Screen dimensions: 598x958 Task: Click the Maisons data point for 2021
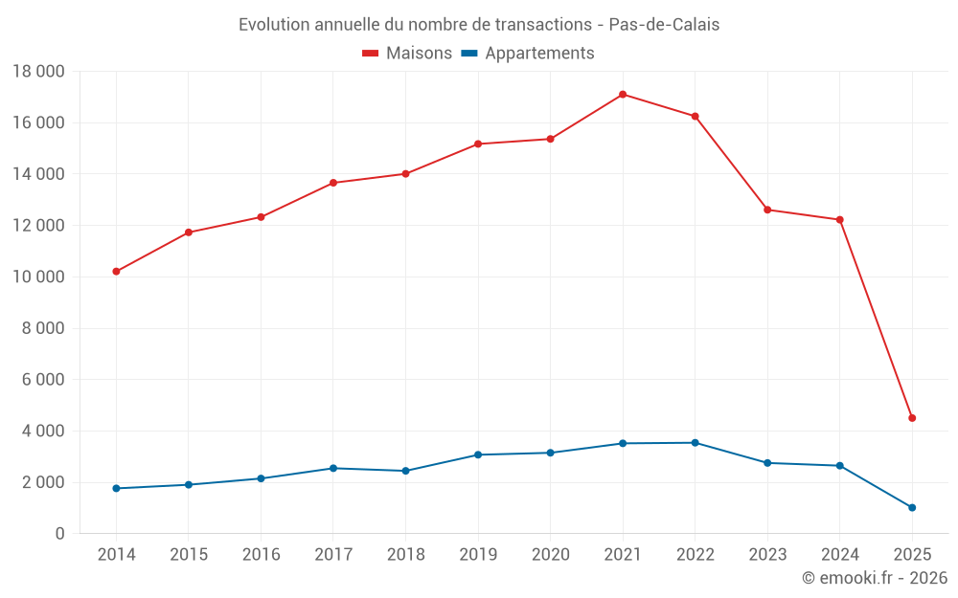click(623, 95)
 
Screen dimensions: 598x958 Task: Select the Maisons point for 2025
click(912, 418)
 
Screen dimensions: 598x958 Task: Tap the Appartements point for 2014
click(116, 488)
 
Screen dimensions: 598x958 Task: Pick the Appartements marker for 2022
click(695, 443)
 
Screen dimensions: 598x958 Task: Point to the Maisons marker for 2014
click(116, 272)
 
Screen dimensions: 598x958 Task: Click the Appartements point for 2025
click(912, 508)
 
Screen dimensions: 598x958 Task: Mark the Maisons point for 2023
click(767, 210)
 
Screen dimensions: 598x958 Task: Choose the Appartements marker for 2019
click(478, 454)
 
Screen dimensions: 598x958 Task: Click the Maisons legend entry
click(407, 54)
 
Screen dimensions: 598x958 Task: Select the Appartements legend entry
click(528, 54)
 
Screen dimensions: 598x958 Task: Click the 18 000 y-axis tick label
click(38, 72)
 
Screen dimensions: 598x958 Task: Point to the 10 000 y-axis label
click(38, 277)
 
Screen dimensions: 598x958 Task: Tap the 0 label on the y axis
click(59, 534)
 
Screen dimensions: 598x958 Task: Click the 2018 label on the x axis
click(405, 555)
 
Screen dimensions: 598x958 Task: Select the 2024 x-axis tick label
click(839, 555)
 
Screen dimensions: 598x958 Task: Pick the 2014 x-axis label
click(116, 555)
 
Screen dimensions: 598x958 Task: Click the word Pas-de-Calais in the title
click(664, 25)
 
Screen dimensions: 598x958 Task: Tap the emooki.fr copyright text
click(875, 578)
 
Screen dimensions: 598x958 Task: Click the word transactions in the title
click(544, 25)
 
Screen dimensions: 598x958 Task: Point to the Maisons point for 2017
click(333, 183)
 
